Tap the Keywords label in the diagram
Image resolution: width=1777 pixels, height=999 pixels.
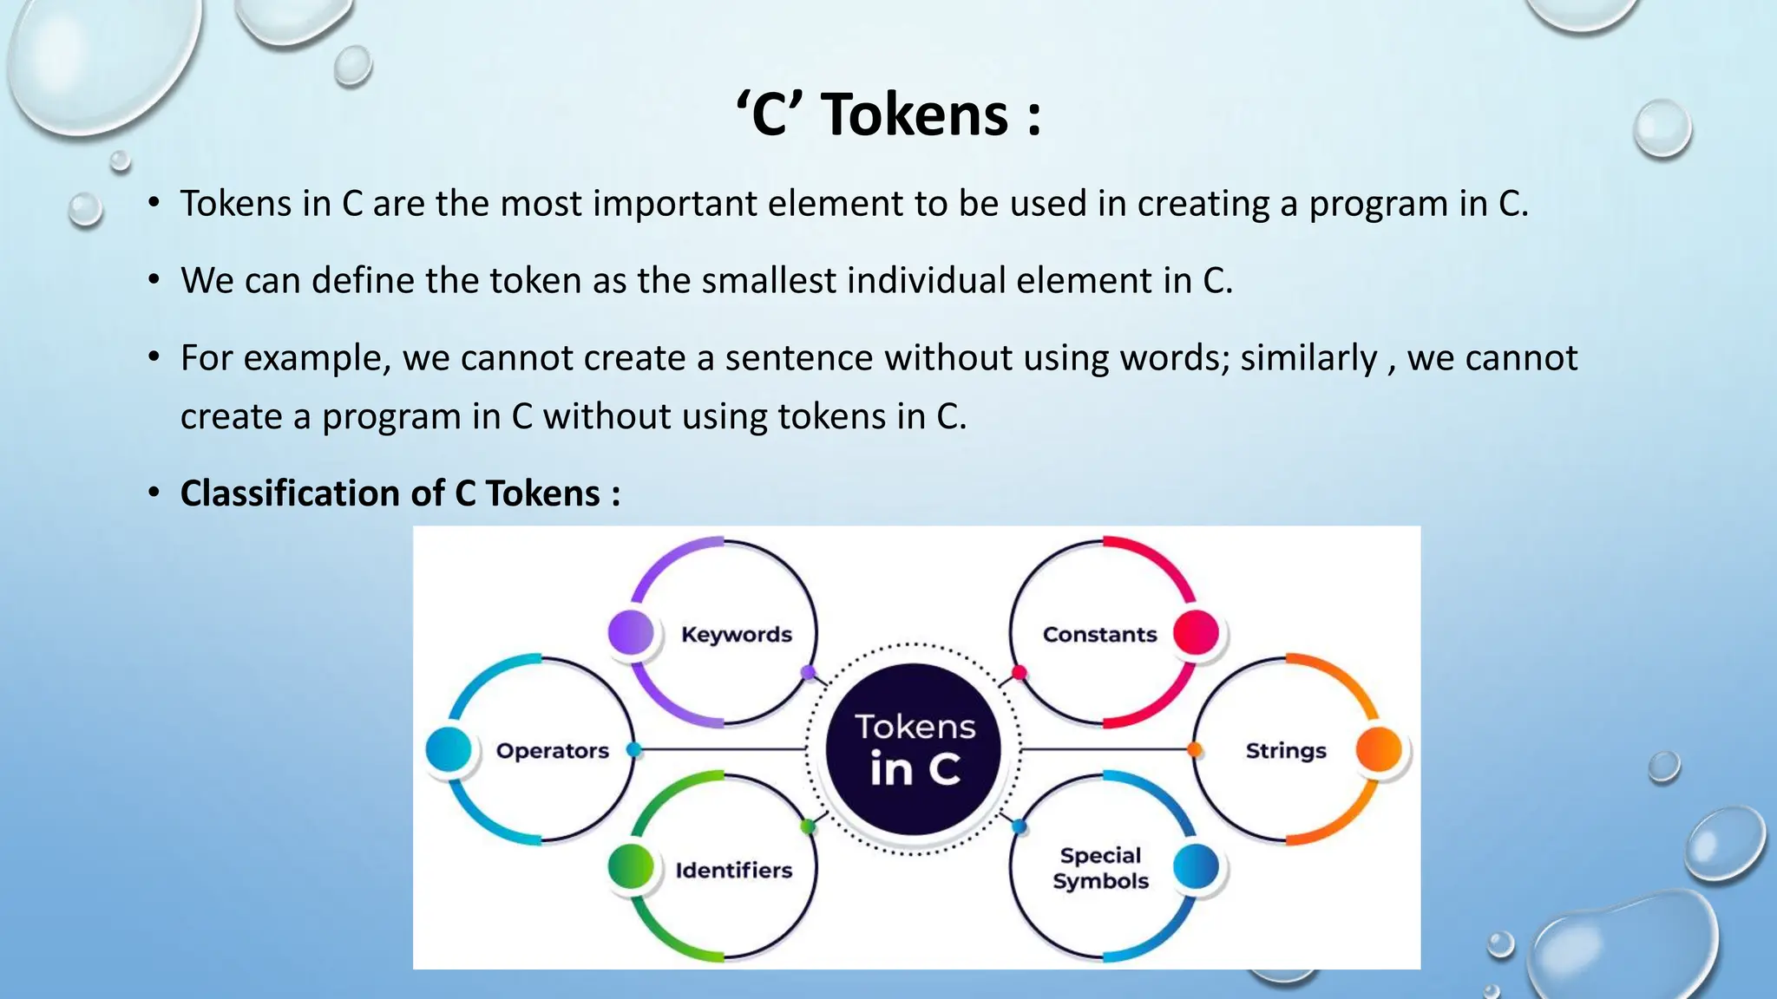coord(737,635)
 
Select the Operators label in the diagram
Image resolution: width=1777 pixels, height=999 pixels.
coord(552,751)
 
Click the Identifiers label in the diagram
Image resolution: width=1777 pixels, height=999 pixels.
coord(734,871)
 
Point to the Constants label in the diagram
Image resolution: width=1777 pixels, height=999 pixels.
coord(1099,635)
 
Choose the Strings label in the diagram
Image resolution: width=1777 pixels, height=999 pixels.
coord(1286,751)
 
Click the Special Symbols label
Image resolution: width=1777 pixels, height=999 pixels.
coord(1100,868)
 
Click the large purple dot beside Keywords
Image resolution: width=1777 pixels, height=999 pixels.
coord(631,631)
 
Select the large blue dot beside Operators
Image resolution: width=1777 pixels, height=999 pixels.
coord(449,749)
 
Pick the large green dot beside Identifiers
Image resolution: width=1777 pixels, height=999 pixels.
coord(631,866)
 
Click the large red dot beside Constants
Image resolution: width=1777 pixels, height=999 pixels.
coord(1196,632)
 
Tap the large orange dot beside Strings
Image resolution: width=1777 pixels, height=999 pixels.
coord(1378,749)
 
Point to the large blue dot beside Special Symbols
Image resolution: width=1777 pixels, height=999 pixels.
coord(1196,866)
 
